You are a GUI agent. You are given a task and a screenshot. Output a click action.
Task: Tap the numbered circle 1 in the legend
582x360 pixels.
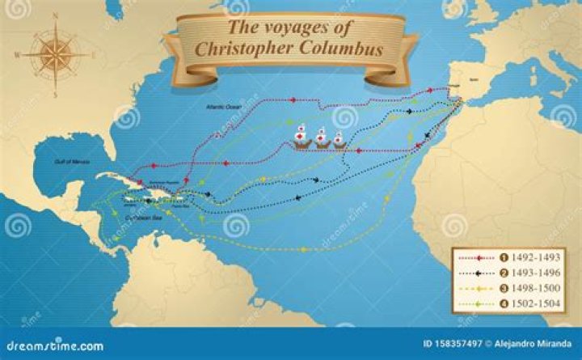point(504,258)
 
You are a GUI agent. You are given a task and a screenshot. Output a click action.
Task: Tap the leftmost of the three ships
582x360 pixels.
point(300,137)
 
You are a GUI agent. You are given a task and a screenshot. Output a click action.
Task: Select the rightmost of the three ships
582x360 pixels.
point(339,140)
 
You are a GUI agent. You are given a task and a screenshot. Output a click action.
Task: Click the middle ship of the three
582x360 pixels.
point(320,138)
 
